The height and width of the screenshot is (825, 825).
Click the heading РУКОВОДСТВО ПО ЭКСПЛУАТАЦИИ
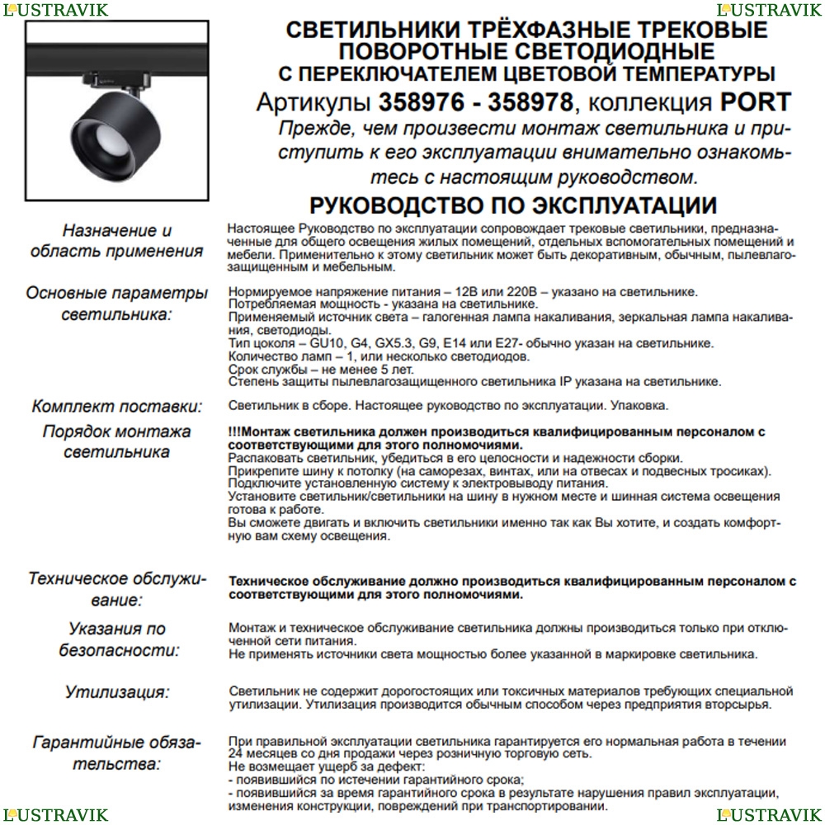(512, 205)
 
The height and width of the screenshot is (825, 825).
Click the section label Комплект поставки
(117, 406)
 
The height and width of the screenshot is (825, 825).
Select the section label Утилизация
(117, 691)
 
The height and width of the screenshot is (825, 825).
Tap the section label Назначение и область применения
(117, 241)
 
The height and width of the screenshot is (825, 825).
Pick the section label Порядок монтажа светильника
(117, 441)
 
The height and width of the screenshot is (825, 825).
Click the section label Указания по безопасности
(117, 639)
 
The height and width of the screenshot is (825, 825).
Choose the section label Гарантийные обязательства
(117, 752)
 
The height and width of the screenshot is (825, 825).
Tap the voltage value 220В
(521, 293)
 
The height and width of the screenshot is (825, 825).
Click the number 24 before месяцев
(236, 754)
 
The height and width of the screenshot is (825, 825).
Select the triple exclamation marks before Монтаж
(235, 431)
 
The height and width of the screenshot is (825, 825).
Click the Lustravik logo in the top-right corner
(769, 10)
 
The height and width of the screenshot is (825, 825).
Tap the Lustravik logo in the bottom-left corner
(55, 815)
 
